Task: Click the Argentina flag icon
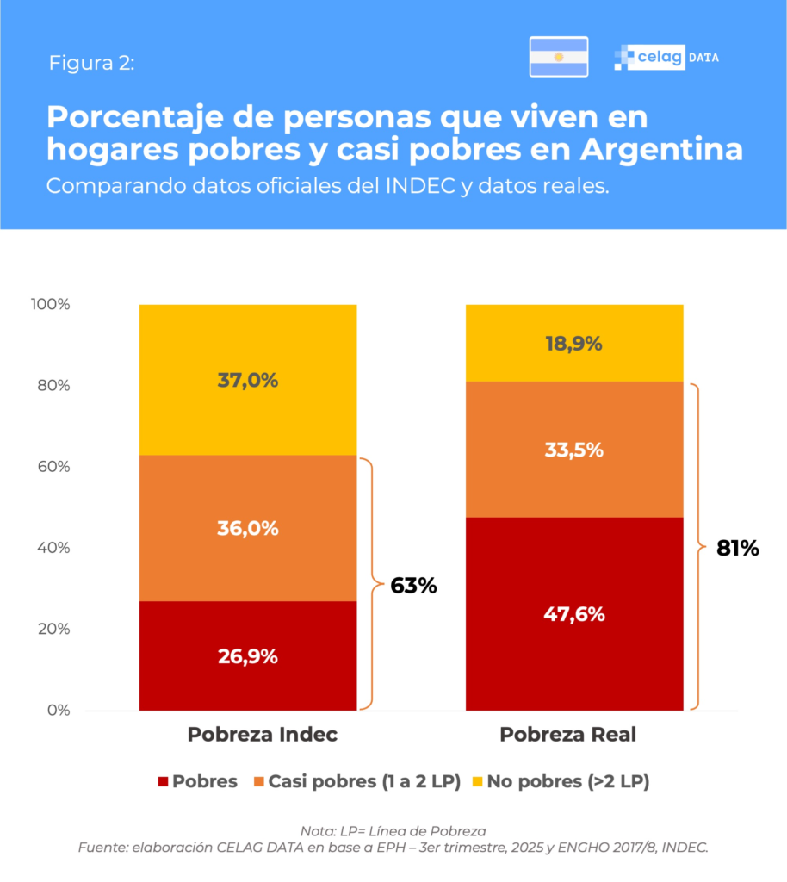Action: [x=558, y=57]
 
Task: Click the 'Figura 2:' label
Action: [x=91, y=63]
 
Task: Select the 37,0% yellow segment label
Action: [x=247, y=380]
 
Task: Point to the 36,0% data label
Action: [x=247, y=528]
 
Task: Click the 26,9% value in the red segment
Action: [x=247, y=656]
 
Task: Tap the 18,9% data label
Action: [x=573, y=343]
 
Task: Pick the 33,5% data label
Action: [x=573, y=450]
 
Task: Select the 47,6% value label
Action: [x=573, y=614]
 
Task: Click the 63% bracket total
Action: [x=413, y=586]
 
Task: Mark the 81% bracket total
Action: [x=738, y=548]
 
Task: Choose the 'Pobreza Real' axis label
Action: [x=568, y=735]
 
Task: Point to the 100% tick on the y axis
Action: [x=53, y=305]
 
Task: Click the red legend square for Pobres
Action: [x=162, y=782]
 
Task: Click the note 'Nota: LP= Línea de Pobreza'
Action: [x=393, y=831]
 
